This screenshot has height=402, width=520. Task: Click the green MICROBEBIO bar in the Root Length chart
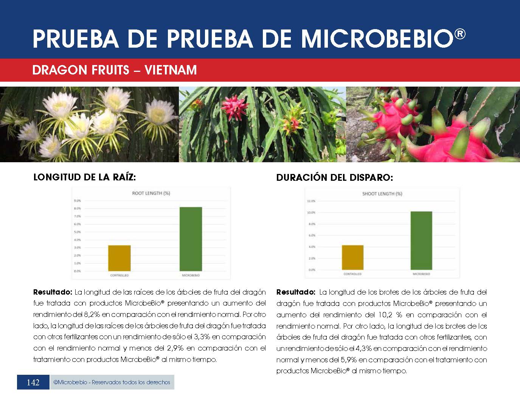coord(191,239)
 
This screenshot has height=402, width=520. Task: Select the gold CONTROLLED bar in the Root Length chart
coord(120,258)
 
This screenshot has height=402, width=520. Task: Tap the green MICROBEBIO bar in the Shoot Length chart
coord(421,241)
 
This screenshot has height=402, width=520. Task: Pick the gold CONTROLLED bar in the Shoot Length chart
coord(352,258)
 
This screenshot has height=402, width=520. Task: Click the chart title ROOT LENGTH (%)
coord(151,193)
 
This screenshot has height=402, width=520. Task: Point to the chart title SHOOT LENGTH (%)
coord(382,194)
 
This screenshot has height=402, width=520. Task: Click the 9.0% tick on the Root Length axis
coord(77,200)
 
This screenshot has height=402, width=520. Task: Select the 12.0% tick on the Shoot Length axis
coord(311,201)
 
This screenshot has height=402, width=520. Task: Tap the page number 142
coord(33,382)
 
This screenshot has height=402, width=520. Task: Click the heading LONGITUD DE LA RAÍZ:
coord(84,177)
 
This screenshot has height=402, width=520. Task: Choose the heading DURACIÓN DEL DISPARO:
coord(335,178)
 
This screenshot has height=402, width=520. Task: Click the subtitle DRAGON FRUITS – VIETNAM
coord(115,70)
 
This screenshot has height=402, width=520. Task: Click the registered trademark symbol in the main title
coord(459,34)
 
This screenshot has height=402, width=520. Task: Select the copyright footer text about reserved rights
coord(112,382)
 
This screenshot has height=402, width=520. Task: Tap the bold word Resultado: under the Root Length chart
coord(53,292)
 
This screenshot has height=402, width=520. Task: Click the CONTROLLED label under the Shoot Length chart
coord(352,274)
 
